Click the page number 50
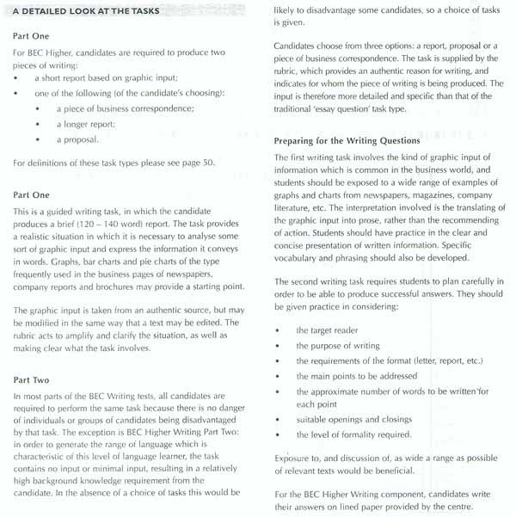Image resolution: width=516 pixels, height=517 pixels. click(207, 163)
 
